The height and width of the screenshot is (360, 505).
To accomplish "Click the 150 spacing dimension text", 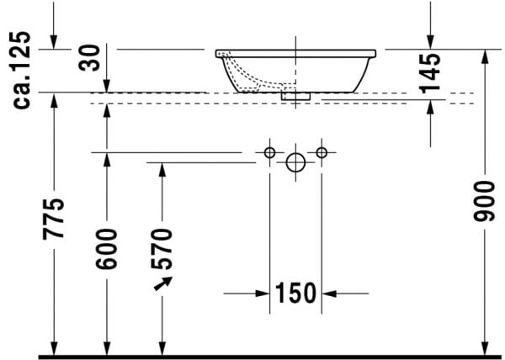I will coord(295,294).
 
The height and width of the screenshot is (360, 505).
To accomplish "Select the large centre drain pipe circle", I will coord(295,162).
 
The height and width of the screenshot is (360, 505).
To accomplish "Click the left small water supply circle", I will coord(269,152).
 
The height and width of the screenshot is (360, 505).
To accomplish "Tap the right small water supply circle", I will coord(321,152).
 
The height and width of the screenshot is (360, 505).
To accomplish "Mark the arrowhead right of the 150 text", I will coord(329,294).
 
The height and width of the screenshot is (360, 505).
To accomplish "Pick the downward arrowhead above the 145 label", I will coord(430,43).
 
